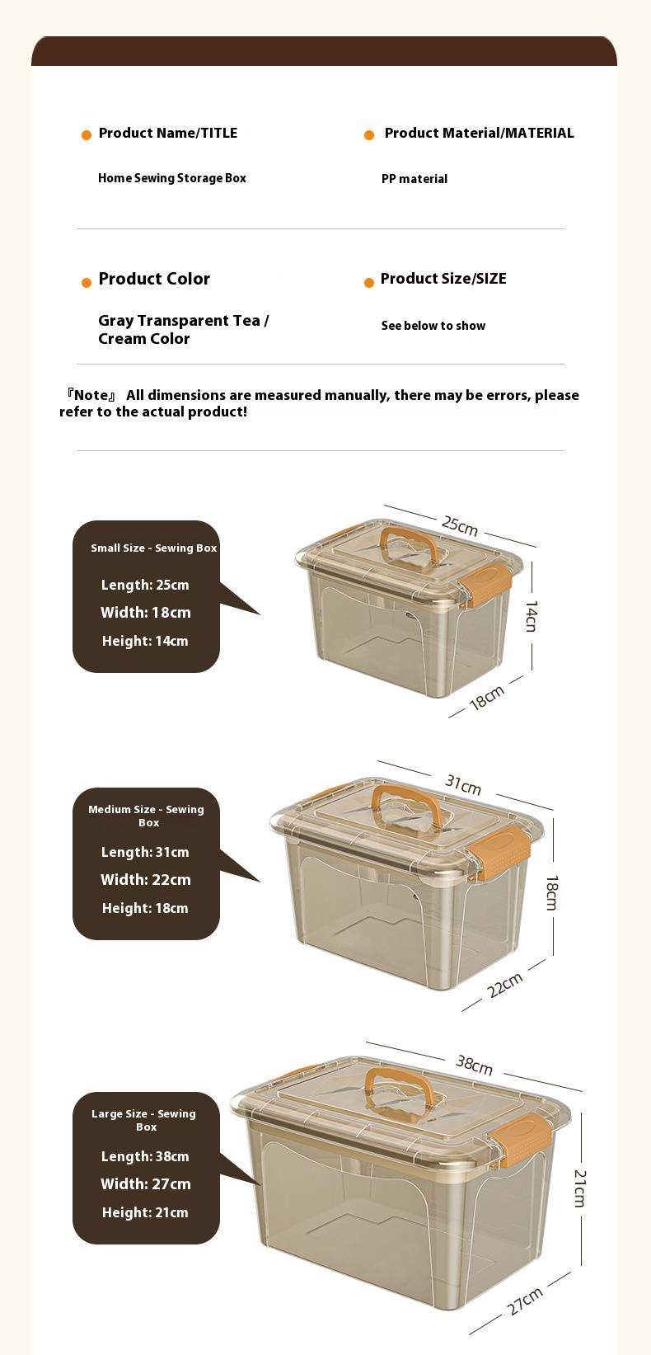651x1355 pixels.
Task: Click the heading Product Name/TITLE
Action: pos(168,133)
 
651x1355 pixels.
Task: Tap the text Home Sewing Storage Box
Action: pos(172,178)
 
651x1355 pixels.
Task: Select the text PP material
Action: pos(414,179)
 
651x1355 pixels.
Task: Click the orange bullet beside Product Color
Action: pos(87,283)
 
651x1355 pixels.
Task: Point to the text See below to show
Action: pos(433,326)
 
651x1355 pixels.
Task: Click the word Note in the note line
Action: pos(91,395)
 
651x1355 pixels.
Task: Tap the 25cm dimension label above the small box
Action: pos(460,525)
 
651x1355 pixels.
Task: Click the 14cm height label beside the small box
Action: pos(532,616)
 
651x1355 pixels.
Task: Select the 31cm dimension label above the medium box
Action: pos(464,784)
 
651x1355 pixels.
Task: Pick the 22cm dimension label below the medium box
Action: pos(505,985)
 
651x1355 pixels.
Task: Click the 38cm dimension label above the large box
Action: pos(475,1066)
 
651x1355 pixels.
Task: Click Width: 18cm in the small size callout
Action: pos(146,613)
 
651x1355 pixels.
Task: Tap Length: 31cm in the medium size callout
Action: pos(145,852)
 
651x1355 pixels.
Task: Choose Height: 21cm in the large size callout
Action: pos(145,1213)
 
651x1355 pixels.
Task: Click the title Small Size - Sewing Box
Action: pos(153,548)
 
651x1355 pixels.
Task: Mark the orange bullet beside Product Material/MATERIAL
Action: pos(369,135)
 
